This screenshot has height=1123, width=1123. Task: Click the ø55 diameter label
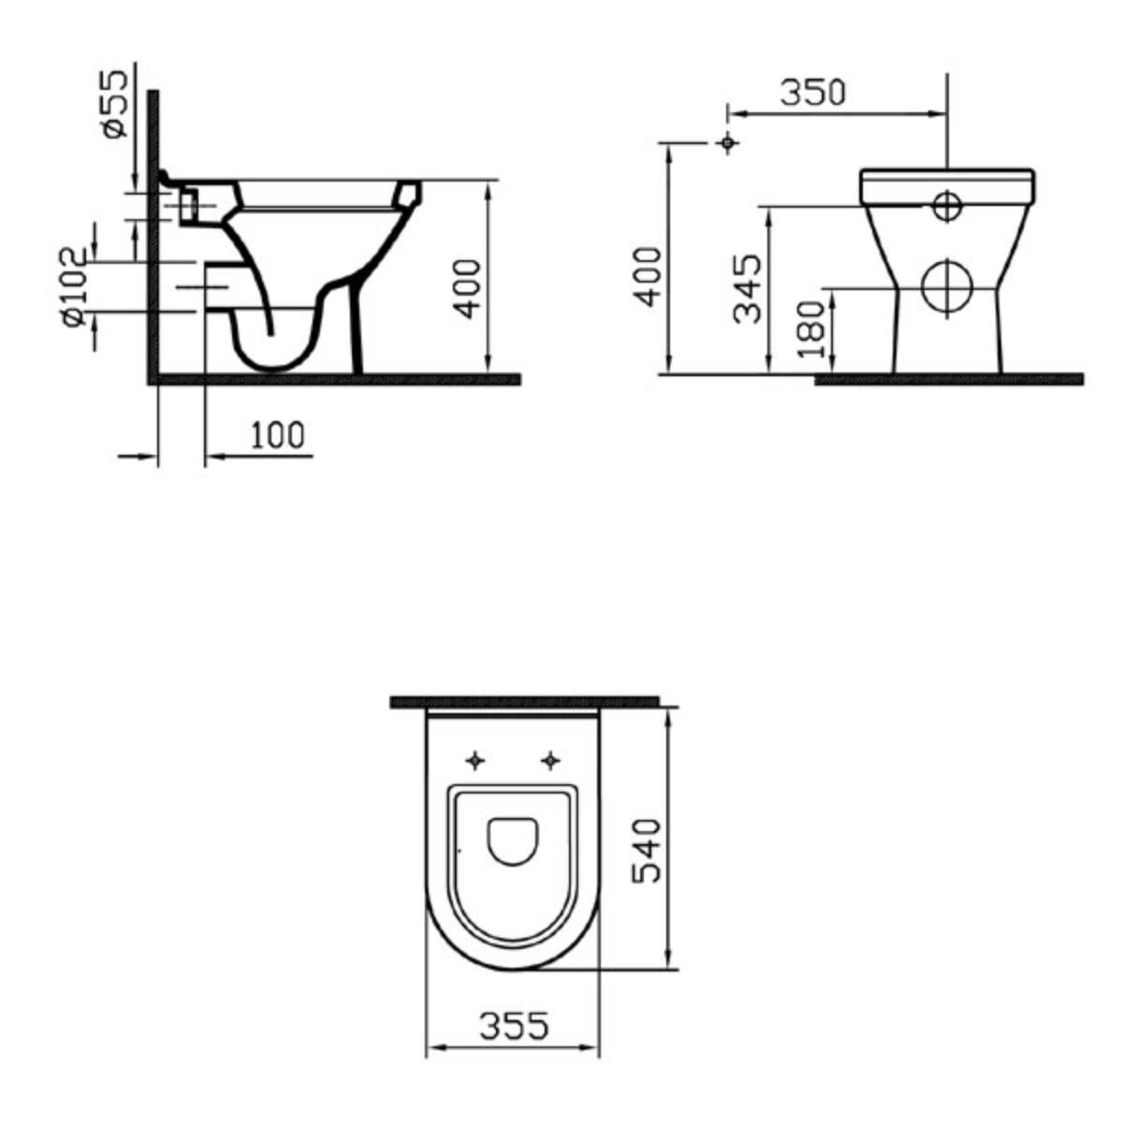[114, 104]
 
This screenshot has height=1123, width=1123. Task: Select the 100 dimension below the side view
[277, 435]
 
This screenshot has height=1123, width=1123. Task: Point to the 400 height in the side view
[468, 289]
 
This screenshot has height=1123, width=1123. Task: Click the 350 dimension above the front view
[812, 93]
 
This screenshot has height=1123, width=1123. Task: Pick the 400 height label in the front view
[648, 277]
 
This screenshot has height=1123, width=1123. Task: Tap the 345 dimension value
[748, 288]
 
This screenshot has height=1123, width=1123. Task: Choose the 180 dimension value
[812, 329]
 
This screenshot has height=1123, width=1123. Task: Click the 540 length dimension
[648, 851]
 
